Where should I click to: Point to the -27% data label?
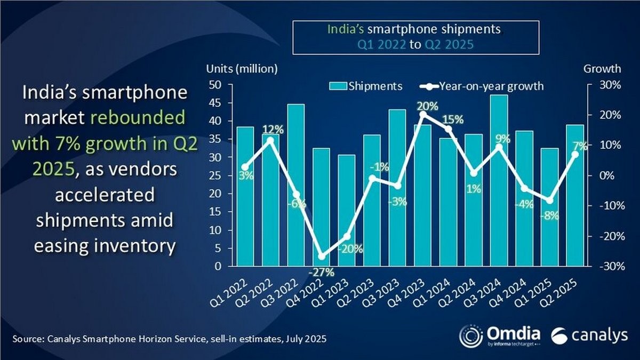[321, 273]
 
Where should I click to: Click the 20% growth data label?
[428, 106]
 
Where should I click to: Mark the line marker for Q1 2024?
[448, 129]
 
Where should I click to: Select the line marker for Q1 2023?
[346, 237]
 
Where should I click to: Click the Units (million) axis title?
[242, 68]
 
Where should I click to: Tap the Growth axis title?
[602, 68]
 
